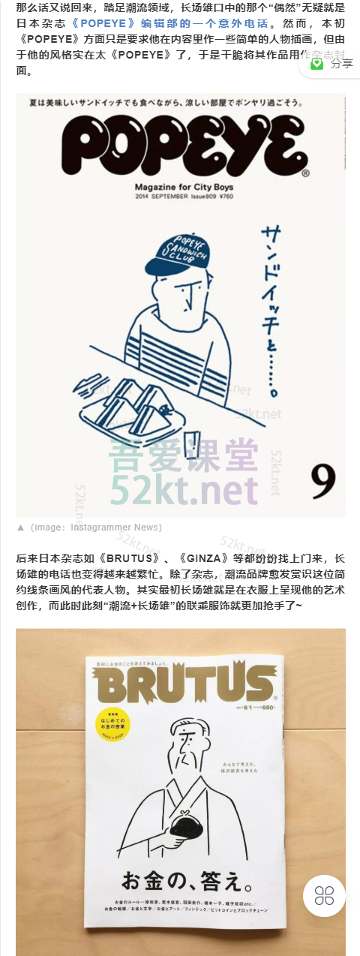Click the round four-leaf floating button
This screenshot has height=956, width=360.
(324, 894)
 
